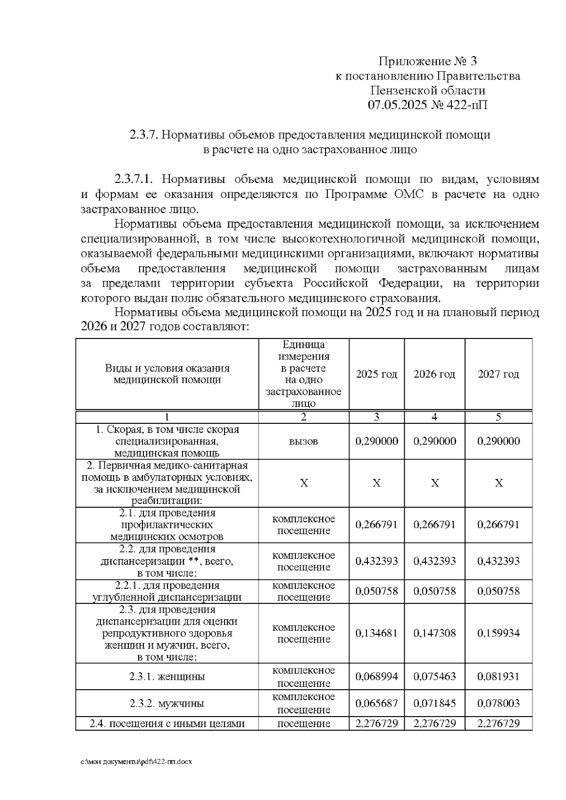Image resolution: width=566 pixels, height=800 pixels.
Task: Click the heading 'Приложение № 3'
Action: point(428,61)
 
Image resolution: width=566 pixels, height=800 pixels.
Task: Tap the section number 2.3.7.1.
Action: point(134,180)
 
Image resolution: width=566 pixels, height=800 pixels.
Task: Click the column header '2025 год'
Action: point(376,374)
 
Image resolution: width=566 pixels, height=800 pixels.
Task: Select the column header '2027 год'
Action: point(498,374)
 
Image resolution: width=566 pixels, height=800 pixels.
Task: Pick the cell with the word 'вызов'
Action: point(303,442)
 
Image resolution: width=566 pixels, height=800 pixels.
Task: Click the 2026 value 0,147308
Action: point(434,633)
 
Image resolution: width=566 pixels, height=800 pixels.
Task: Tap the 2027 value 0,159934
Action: point(498,633)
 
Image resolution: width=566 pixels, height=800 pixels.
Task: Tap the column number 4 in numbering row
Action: point(434,417)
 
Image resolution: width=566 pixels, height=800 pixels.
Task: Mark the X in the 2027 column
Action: point(499,484)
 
